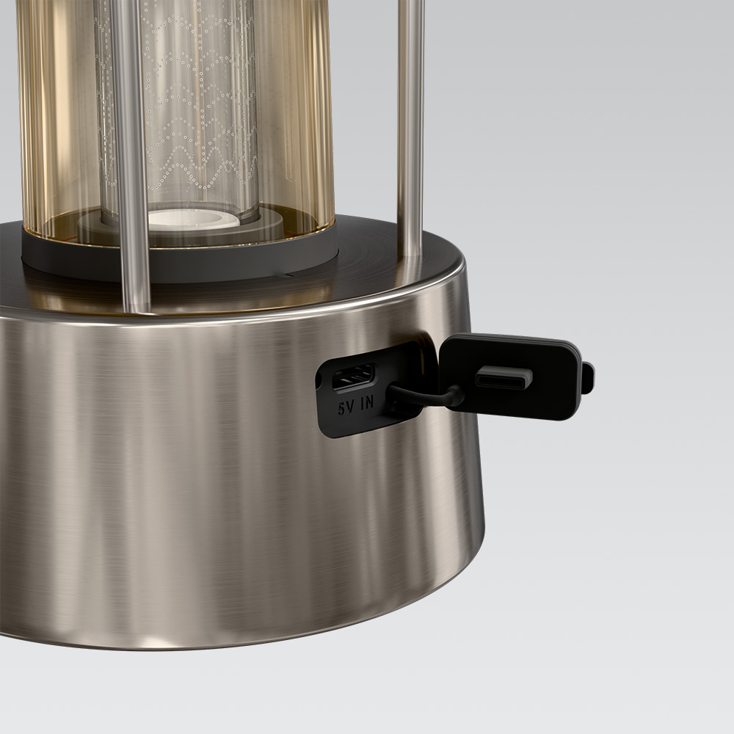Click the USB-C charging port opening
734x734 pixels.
pos(353,377)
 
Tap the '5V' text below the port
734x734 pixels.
pos(347,409)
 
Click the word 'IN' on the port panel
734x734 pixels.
pos(368,403)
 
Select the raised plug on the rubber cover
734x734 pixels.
pos(504,377)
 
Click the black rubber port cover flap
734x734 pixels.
pos(510,377)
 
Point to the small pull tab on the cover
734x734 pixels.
pos(588,378)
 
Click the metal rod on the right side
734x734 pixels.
pos(411,126)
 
